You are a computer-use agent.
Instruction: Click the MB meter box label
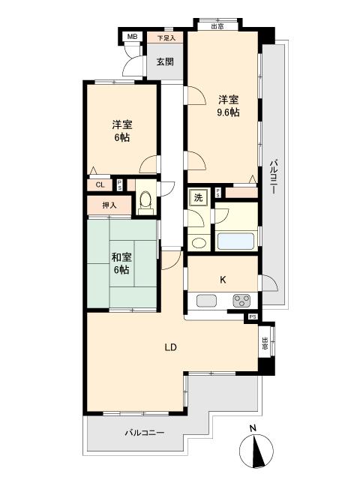point(132,37)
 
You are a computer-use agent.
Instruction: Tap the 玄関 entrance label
point(165,61)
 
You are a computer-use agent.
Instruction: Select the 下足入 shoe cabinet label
point(166,38)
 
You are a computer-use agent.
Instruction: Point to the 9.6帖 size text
point(228,112)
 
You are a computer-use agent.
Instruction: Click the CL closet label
point(100,185)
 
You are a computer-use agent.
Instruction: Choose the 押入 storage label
point(109,205)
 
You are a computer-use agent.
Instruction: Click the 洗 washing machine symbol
point(198,197)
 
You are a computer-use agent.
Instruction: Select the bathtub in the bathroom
point(235,241)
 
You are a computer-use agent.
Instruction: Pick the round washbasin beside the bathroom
point(199,243)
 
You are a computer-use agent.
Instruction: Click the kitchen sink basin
point(207,300)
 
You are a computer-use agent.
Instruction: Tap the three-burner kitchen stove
point(241,300)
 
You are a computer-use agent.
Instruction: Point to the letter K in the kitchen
point(223,280)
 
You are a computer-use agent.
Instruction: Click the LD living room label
point(171,347)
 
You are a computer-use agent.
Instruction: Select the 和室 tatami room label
point(121,257)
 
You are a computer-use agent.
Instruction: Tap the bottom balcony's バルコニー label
point(145,433)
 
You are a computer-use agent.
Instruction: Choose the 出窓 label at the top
point(217,26)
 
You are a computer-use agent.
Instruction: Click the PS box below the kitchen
point(252,316)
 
